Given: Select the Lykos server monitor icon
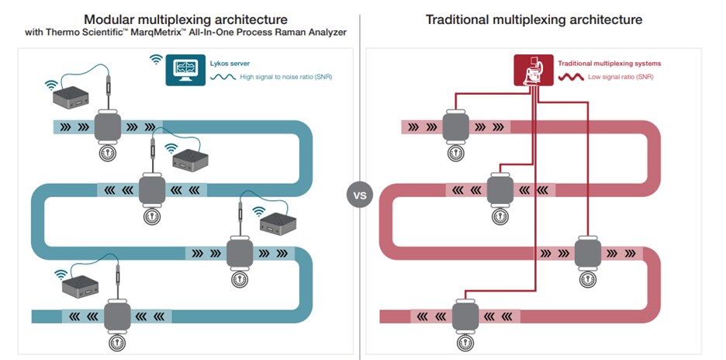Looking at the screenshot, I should [x=185, y=70].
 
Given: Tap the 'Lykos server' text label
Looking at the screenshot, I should [x=233, y=63].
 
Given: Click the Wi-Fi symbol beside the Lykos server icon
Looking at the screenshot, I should [x=155, y=60].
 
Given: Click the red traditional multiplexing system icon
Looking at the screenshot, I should [x=533, y=70].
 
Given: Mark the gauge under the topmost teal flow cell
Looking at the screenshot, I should [x=105, y=153].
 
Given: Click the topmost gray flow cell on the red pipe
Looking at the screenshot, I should [x=454, y=126].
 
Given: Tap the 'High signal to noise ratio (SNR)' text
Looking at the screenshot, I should [x=285, y=78].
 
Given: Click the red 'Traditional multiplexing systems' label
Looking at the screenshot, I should [x=609, y=63].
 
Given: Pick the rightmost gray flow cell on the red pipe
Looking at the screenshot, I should [x=586, y=252].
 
